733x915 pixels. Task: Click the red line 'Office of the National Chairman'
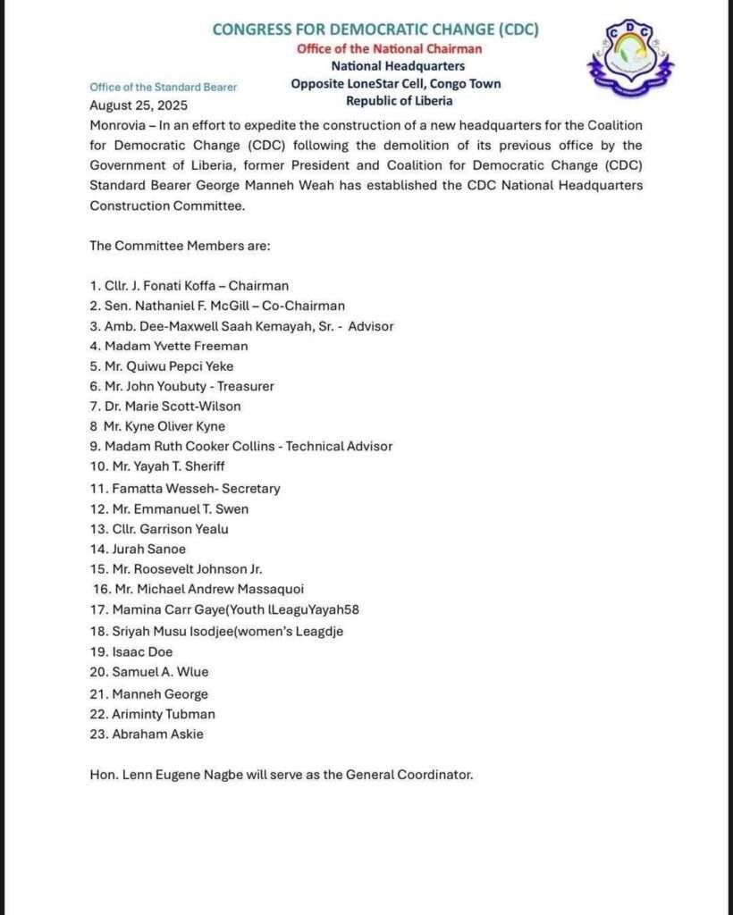click(389, 48)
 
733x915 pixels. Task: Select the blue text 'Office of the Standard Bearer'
click(164, 87)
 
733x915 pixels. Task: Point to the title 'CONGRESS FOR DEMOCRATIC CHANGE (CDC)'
click(375, 29)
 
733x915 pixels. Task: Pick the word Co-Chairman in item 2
click(306, 306)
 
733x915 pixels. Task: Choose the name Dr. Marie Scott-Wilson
click(176, 407)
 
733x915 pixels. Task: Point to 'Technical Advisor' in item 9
click(339, 446)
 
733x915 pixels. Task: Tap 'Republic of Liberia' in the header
click(399, 101)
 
